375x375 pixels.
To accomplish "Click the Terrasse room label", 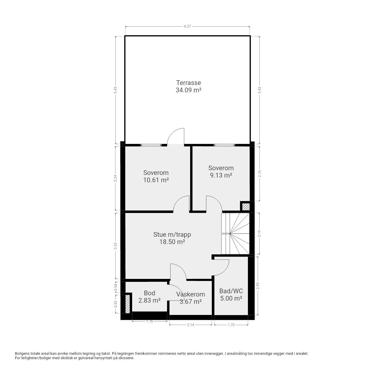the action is [x=188, y=83].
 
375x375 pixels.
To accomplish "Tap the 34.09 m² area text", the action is [x=188, y=90].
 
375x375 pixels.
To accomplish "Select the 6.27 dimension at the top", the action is [x=187, y=26].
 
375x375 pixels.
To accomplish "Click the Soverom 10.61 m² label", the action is [x=156, y=176].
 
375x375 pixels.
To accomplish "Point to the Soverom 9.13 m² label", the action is [x=221, y=172].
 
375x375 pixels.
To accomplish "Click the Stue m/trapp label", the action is [x=172, y=234].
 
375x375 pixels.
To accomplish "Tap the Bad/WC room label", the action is [x=231, y=291].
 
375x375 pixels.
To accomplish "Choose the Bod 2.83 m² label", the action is [x=149, y=297].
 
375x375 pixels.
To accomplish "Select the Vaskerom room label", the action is [x=190, y=294].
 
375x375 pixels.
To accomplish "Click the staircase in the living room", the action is [x=235, y=233].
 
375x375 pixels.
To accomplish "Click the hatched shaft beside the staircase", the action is [x=246, y=207].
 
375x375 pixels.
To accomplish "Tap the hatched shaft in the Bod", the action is [x=127, y=304].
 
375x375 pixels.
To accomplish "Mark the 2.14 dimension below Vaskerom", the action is [x=190, y=325].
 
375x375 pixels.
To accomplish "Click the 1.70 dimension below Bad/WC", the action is [x=231, y=325].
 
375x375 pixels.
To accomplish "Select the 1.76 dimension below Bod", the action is [x=149, y=321].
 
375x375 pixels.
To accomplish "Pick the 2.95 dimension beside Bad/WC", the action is [x=258, y=286].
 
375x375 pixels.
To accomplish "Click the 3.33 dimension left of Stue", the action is [x=116, y=246].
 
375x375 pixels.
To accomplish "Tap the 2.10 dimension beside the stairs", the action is [x=259, y=233].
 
